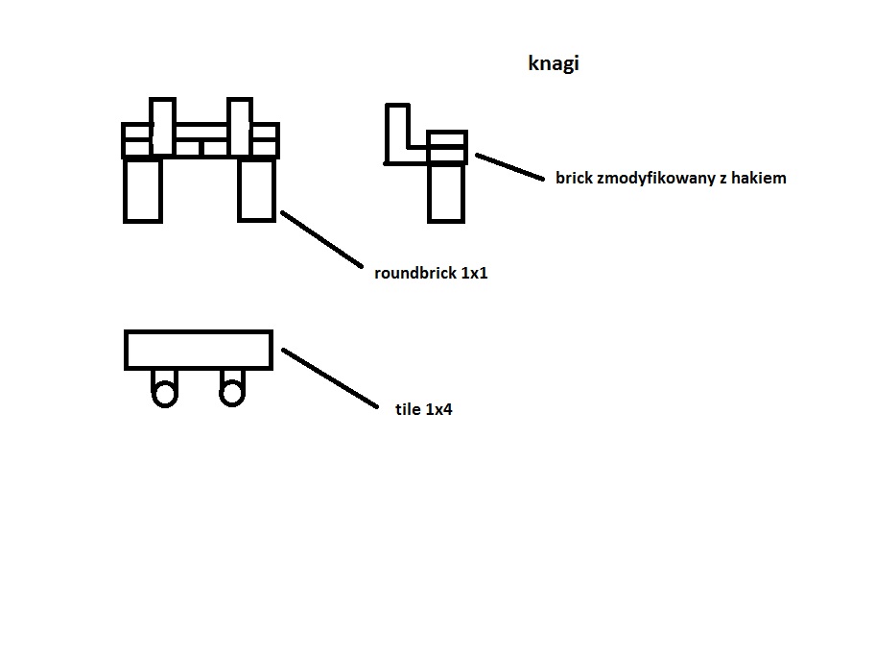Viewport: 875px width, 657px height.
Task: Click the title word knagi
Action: pos(554,64)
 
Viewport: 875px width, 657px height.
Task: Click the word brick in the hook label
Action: pos(573,178)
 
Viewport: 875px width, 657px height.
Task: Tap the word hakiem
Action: pos(760,178)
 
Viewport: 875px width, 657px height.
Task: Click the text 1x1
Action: pos(474,273)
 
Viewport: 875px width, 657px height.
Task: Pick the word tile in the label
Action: pos(408,409)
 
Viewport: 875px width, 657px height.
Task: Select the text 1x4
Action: pos(438,409)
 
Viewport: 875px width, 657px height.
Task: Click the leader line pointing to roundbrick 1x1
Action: pos(320,239)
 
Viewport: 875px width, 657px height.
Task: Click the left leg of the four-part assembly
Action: pos(142,190)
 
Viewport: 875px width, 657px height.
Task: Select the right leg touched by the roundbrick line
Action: pos(256,190)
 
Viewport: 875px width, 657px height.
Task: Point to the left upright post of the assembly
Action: pos(162,126)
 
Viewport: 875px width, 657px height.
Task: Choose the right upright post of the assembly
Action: pos(239,126)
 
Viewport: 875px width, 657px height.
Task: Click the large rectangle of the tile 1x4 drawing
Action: pos(199,350)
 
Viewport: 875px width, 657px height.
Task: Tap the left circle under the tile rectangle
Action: pos(165,393)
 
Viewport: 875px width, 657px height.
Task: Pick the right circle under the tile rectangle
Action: pos(231,393)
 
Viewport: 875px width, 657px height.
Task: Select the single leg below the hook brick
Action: pos(446,192)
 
